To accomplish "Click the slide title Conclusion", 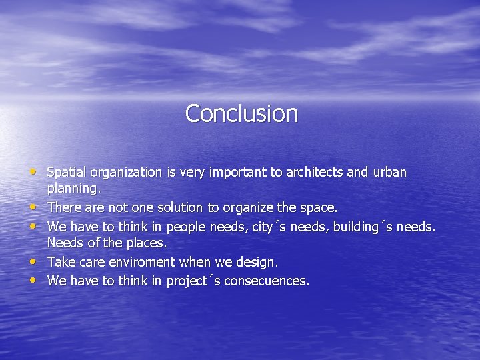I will tap(241, 113).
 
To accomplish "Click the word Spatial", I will tap(67, 173).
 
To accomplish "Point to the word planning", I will tap(73, 191).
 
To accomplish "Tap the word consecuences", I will tap(267, 281).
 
